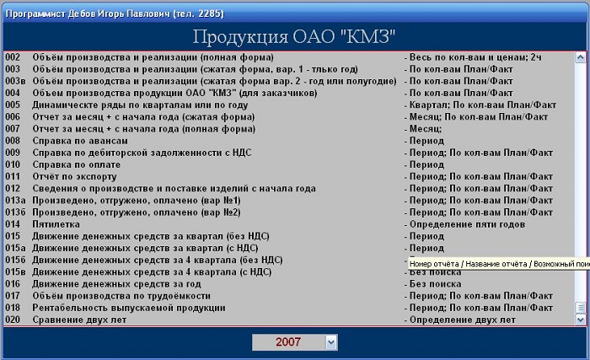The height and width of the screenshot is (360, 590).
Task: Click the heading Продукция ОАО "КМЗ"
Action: click(x=294, y=37)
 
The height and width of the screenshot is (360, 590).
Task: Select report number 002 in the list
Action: click(x=13, y=57)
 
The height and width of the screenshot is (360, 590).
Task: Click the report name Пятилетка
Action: click(x=56, y=224)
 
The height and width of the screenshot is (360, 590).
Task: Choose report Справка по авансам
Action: click(x=80, y=141)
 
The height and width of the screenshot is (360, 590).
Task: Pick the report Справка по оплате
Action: click(x=77, y=164)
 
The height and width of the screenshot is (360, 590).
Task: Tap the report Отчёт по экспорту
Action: click(x=74, y=176)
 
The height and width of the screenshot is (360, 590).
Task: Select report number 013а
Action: click(x=15, y=201)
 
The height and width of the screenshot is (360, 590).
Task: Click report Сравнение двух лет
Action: click(x=79, y=320)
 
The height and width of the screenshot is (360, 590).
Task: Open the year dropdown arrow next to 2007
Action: click(x=331, y=342)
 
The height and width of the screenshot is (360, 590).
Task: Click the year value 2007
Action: click(x=288, y=342)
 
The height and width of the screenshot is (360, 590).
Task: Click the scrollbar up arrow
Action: click(x=580, y=57)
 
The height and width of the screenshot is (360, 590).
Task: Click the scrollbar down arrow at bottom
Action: click(x=580, y=320)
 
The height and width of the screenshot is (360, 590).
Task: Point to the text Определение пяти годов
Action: click(x=467, y=224)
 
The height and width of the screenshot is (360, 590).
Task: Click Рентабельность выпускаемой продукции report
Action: click(x=129, y=308)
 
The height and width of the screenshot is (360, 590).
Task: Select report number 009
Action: click(x=13, y=153)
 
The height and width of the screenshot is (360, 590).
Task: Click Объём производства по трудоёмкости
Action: click(x=121, y=296)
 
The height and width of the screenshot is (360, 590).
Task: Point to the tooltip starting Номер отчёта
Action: click(x=499, y=264)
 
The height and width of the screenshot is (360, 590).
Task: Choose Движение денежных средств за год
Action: click(x=116, y=284)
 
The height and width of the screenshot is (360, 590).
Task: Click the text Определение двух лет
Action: click(x=463, y=320)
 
